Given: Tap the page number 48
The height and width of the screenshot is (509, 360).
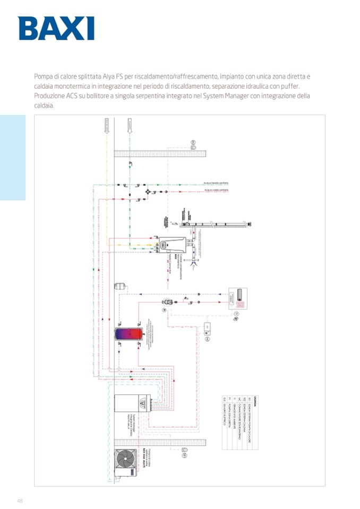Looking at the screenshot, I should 20,501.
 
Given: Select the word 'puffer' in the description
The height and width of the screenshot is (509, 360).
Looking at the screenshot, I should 290,86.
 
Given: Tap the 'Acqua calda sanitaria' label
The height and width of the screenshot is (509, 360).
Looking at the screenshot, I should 216,190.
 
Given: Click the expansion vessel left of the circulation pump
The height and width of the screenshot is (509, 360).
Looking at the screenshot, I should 121,285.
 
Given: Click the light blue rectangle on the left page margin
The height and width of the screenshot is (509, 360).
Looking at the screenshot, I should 13,158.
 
